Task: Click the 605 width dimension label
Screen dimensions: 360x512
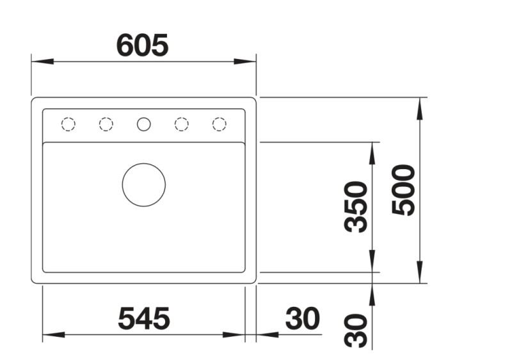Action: pos(142,45)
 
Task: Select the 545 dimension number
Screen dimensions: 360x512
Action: pos(143,318)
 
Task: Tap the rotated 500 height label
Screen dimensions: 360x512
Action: pos(404,190)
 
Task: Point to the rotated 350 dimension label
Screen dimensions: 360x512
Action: pos(356,206)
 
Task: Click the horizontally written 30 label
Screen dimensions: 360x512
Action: pos(302,318)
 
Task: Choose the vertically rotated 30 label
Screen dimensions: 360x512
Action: pos(356,331)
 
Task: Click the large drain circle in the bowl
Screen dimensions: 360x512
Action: pos(144,184)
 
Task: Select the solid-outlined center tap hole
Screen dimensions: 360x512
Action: pos(144,124)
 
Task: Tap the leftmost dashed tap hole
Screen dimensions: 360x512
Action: pos(68,124)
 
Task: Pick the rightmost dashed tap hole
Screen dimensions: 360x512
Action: pos(220,124)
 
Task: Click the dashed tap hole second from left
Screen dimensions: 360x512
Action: pos(106,124)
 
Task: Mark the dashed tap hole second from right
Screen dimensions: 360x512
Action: pos(182,124)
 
